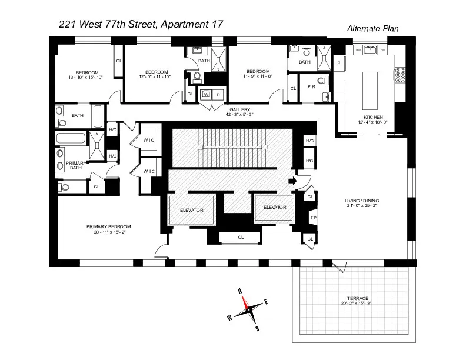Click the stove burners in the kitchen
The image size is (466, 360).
[x=403, y=77]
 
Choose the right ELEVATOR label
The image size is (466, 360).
[x=274, y=207]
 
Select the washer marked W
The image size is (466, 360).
[x=207, y=94]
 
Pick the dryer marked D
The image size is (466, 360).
[x=218, y=94]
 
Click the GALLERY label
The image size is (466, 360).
[x=240, y=109]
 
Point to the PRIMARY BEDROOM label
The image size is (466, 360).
[x=108, y=226]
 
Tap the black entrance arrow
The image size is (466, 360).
[x=291, y=181]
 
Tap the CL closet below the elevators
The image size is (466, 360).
[x=241, y=238]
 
